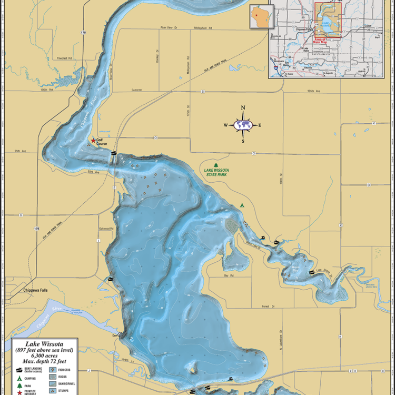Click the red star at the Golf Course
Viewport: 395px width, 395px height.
coord(93,141)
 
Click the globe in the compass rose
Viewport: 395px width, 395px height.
coord(243,125)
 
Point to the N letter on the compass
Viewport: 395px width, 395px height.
coord(243,108)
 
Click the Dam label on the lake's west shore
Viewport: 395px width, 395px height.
coord(115,335)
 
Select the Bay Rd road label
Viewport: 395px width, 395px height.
coord(228,275)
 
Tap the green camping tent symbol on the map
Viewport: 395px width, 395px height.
coord(241,204)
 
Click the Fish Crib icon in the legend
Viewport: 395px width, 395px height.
coord(53,370)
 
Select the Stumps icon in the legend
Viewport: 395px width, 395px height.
coord(53,390)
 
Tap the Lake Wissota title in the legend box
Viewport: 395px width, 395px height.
coord(44,343)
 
